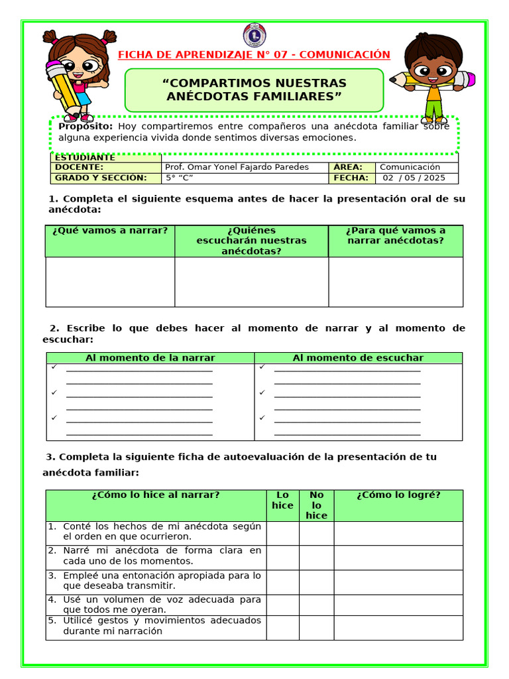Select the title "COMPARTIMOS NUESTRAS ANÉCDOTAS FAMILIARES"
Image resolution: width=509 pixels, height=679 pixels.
[254, 90]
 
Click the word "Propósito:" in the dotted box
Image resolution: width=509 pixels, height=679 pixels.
[85, 126]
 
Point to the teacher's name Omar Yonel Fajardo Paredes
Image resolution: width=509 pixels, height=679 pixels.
[237, 167]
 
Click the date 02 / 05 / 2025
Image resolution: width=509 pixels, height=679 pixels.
[415, 178]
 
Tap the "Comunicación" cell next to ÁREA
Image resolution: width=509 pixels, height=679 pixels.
[410, 167]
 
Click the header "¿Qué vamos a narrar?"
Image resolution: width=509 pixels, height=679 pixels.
[110, 231]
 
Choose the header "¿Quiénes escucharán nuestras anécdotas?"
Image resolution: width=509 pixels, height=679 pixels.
[252, 241]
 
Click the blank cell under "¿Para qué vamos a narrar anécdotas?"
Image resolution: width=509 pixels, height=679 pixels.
[396, 282]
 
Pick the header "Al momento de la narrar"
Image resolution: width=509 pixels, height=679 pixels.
[150, 358]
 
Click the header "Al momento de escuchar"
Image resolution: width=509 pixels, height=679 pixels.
[358, 358]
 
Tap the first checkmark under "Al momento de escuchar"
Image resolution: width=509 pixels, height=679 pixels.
[262, 367]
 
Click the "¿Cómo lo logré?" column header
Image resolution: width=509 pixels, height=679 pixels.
[398, 495]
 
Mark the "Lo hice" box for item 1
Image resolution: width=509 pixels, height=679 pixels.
[283, 533]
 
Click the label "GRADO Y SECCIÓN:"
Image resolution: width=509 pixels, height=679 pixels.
[100, 178]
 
